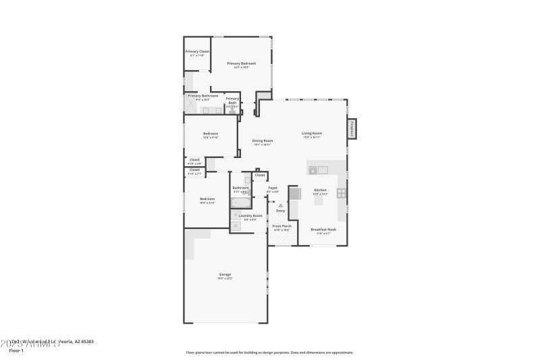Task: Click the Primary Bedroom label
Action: [241, 63]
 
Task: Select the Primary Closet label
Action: [197, 51]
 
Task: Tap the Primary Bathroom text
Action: [202, 96]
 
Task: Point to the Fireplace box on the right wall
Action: [351, 128]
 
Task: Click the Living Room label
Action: [311, 133]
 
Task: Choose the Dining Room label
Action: [262, 140]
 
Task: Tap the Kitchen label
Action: [320, 190]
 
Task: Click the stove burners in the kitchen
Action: [342, 192]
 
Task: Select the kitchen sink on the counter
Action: [317, 170]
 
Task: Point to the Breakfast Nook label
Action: [323, 229]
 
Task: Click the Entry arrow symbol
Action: [280, 205]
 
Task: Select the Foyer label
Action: [273, 188]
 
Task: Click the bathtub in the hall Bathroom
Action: [241, 202]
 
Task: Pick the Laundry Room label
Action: [250, 215]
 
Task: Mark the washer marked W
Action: [236, 215]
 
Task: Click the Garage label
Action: [225, 274]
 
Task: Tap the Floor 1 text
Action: [16, 351]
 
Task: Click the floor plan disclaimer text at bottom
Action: [269, 352]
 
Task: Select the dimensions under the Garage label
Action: [225, 278]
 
